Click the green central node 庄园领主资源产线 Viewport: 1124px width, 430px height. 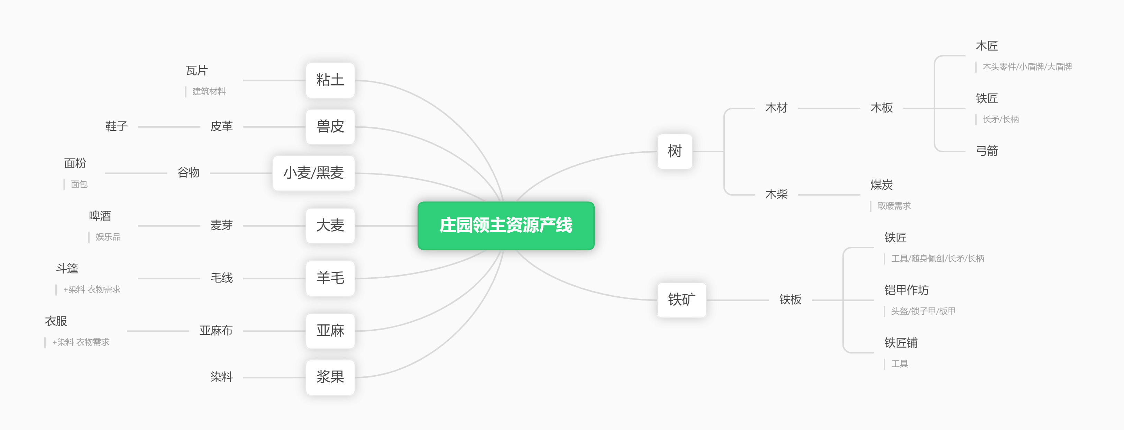tap(506, 226)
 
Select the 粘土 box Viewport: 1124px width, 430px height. tap(330, 80)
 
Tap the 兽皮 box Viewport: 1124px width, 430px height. tap(330, 127)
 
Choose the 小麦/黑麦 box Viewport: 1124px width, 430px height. tap(314, 173)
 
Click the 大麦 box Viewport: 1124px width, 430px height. tap(330, 226)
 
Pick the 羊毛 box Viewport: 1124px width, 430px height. tap(330, 278)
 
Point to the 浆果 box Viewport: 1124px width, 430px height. tap(330, 377)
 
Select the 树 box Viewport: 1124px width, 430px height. tap(675, 152)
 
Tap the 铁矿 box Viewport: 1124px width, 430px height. tap(682, 300)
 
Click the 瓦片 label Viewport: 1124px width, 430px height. tap(197, 70)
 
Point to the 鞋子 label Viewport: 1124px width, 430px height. tap(117, 127)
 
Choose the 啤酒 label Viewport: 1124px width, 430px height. tap(100, 216)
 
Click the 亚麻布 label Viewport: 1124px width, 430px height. tap(216, 331)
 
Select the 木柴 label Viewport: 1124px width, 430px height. tap(777, 194)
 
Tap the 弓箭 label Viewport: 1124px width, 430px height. tap(987, 151)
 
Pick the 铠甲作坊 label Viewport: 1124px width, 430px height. tap(906, 290)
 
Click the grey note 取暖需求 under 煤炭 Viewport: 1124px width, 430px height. tap(894, 206)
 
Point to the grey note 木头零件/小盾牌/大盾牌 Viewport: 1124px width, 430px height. tap(1027, 67)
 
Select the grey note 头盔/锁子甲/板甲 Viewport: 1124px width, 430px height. tap(923, 311)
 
